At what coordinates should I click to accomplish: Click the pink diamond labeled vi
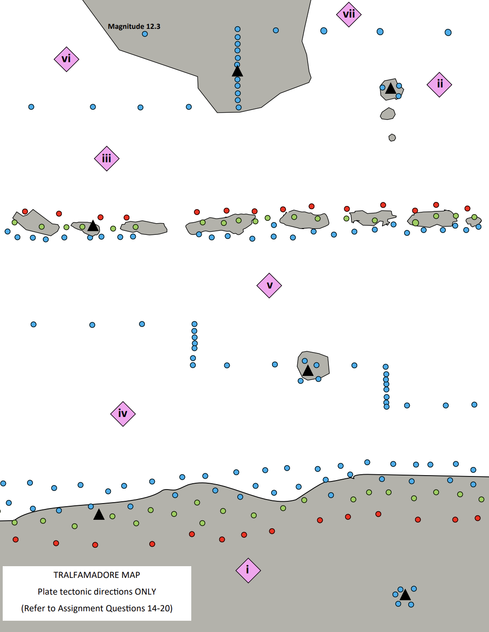[66, 59]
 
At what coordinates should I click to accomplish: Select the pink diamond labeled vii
[349, 14]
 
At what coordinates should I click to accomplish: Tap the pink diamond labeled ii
[439, 84]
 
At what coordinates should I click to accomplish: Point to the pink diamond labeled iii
[106, 159]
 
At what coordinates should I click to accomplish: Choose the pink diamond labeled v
[269, 285]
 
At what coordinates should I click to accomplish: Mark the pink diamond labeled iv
[123, 414]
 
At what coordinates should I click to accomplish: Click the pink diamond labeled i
[248, 570]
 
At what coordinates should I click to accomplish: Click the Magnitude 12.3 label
[134, 26]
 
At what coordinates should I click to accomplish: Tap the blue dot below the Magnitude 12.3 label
[145, 34]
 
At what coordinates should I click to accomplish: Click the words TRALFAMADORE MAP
[97, 575]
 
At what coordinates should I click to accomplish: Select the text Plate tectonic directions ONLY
[97, 591]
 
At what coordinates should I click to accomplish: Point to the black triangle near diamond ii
[391, 88]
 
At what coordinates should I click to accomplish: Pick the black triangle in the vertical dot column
[237, 71]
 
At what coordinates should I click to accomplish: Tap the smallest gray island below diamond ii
[392, 137]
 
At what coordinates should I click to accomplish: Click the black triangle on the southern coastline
[99, 514]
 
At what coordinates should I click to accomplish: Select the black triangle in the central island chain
[93, 226]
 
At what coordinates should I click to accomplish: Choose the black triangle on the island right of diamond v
[308, 371]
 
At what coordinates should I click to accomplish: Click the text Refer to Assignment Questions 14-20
[97, 608]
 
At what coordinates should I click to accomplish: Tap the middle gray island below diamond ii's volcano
[388, 114]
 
